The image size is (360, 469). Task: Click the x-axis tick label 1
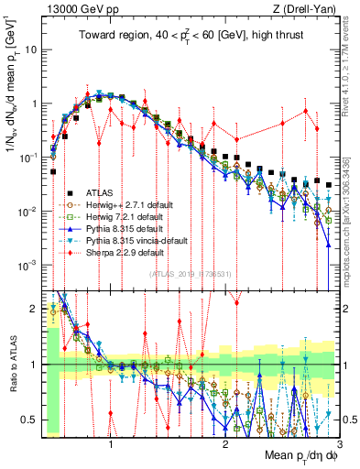(x=111, y=442)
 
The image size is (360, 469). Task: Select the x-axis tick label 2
(x=225, y=442)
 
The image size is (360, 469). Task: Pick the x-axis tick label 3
(x=339, y=442)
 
